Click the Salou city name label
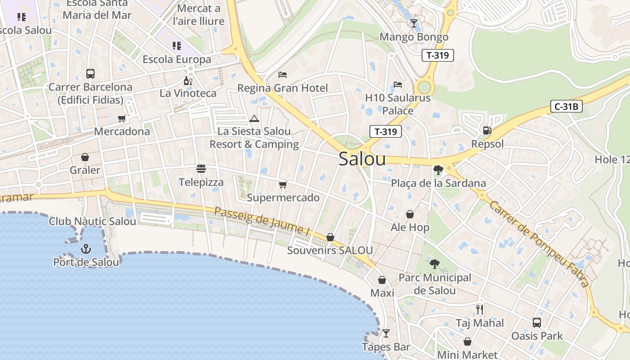point(362,159)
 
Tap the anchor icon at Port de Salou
point(85,248)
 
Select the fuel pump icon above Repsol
point(486,130)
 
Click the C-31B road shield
point(567,107)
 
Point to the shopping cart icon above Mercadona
point(121,118)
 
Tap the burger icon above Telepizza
point(201,169)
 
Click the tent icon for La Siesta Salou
point(254,118)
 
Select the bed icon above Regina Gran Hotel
point(283,74)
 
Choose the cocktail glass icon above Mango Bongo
point(414,23)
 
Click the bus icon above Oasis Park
point(537,322)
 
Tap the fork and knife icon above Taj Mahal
point(480,310)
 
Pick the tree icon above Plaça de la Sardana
point(438,170)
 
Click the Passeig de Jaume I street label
point(262,221)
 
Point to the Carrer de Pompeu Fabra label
point(538,243)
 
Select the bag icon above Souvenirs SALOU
point(330,237)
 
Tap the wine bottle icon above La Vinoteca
point(188,81)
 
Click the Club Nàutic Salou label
point(92,221)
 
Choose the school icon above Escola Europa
point(176,45)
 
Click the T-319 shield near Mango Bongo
point(437,55)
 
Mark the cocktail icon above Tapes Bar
point(386,333)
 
